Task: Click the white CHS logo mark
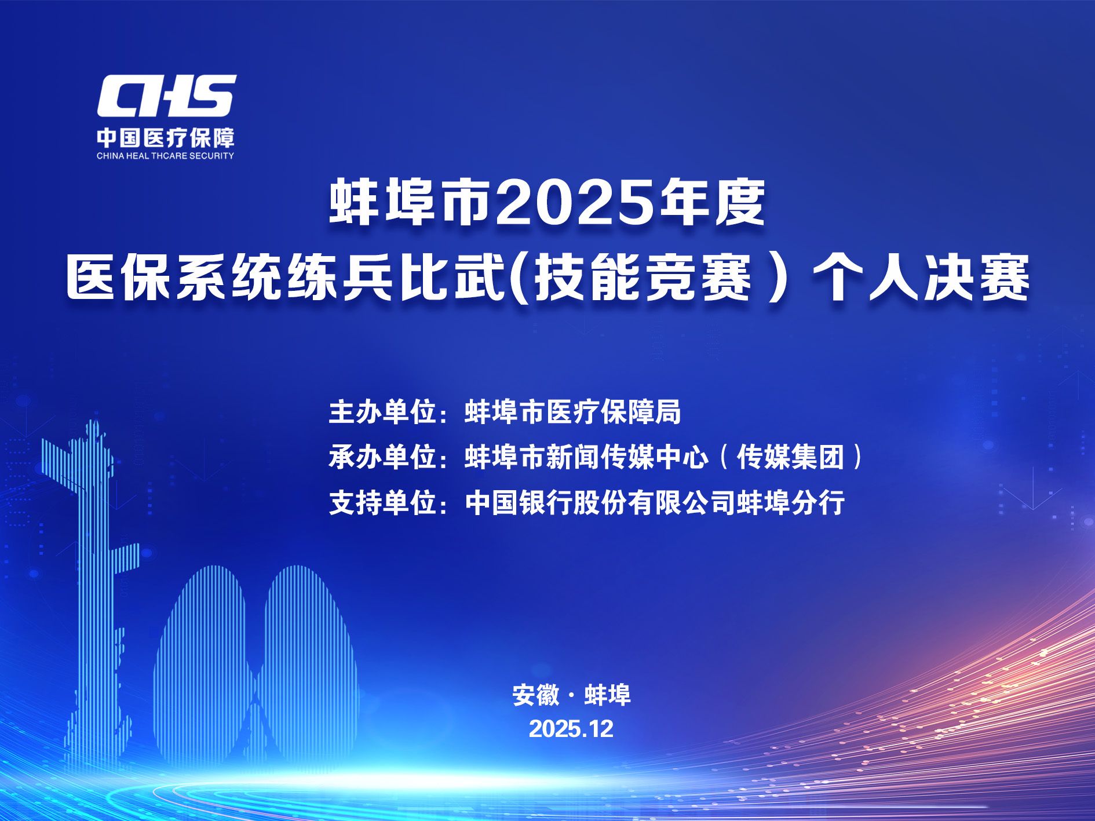[x=166, y=96]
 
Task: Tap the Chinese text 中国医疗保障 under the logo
[x=166, y=138]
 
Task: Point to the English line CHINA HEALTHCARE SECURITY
[x=166, y=156]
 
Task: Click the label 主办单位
[x=382, y=413]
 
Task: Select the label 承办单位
[x=382, y=458]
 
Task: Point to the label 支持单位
[x=382, y=502]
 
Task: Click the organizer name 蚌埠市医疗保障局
[x=573, y=413]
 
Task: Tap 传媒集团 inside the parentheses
[x=791, y=458]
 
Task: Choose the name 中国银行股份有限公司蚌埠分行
[x=655, y=502]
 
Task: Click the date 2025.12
[x=571, y=729]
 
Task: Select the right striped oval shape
[x=307, y=661]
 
